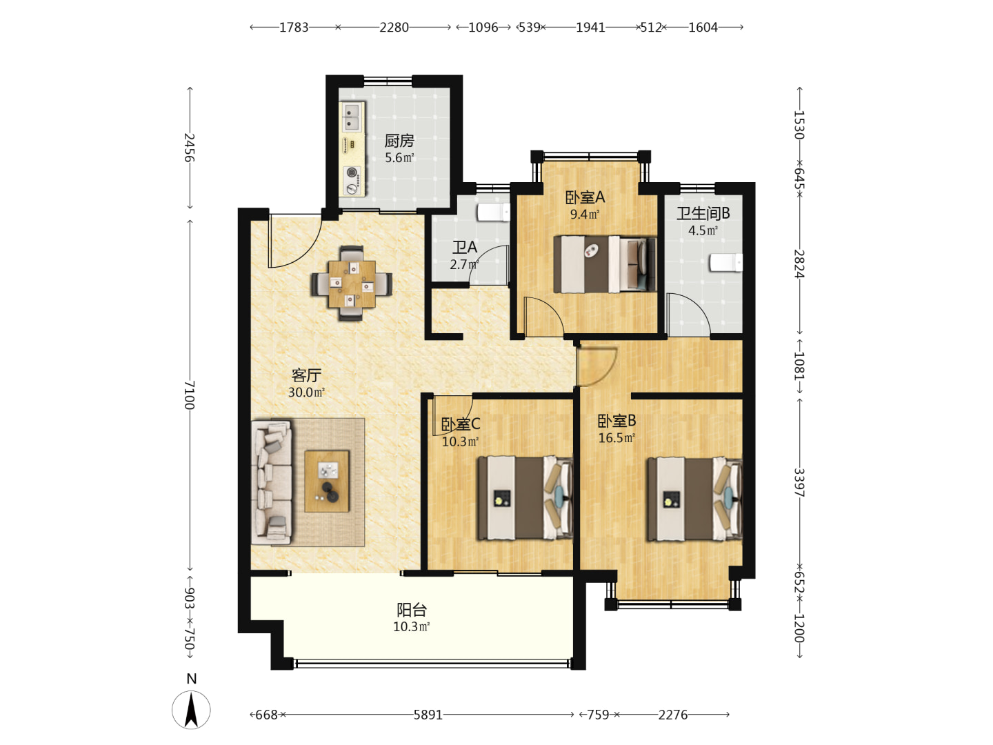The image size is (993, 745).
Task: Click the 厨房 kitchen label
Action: point(399,141)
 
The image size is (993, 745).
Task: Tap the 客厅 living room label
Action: point(306,375)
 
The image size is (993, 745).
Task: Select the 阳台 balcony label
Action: point(411,610)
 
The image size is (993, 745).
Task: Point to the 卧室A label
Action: point(585,197)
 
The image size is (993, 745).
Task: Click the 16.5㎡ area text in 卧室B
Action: point(616,438)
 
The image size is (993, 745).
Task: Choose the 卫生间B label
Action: point(703,214)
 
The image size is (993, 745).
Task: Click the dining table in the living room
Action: point(352,284)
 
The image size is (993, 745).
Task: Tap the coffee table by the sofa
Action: point(327,481)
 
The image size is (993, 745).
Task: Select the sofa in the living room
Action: point(272,483)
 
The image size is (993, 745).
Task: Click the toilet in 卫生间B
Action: point(725,263)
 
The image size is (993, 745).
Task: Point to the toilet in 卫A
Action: point(494,212)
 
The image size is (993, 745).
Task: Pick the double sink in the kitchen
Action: point(352,117)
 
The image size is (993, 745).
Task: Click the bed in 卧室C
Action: point(525,497)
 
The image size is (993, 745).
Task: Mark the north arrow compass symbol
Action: point(192,710)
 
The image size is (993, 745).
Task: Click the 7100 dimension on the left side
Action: point(190,395)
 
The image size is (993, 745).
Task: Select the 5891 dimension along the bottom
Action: point(428,715)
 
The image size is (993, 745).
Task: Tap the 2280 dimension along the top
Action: point(394,28)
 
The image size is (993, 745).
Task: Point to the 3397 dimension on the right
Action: point(799,483)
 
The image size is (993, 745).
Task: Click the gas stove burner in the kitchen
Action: point(352,172)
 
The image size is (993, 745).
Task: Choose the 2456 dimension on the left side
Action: point(190,148)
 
